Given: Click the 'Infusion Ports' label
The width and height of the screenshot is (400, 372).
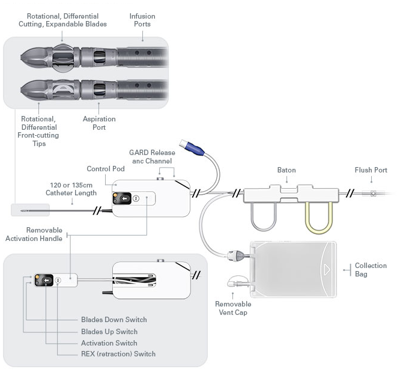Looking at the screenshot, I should [143, 20].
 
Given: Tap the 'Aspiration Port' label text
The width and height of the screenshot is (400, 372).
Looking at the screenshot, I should [98, 123].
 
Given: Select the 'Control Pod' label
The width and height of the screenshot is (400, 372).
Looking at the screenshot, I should [106, 169].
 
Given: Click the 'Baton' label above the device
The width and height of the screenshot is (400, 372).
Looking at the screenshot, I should [286, 170].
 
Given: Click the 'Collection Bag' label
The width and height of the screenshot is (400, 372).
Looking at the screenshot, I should [371, 269].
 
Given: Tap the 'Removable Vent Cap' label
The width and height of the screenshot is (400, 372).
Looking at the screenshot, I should [233, 308].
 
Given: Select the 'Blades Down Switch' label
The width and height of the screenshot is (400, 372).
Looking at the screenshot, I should [114, 320].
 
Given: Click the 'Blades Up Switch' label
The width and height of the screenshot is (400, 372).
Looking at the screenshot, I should [109, 331].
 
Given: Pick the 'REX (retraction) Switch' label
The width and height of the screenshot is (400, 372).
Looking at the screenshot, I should [118, 354].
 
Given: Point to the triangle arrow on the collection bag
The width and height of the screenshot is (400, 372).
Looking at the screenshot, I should [326, 269].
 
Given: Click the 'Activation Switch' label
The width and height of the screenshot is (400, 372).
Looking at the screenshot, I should [109, 343].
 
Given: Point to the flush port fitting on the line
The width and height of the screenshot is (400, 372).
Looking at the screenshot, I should [374, 194].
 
